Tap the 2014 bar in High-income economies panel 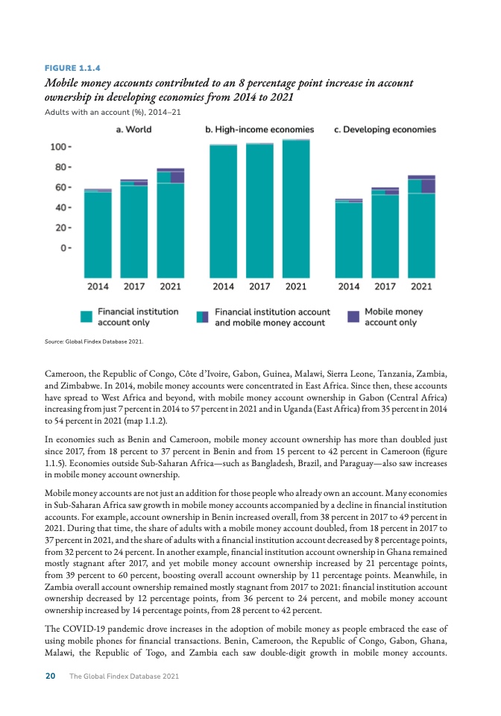[223, 209]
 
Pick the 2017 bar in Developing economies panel [385, 231]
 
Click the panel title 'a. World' [133, 129]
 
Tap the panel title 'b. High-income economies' [259, 129]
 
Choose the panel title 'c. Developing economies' [385, 129]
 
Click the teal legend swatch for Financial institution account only [86, 317]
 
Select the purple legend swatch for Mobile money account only [353, 317]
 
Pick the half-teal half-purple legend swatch [203, 317]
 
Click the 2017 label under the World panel [134, 286]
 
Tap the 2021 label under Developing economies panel [421, 286]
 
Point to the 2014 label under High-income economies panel [223, 286]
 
